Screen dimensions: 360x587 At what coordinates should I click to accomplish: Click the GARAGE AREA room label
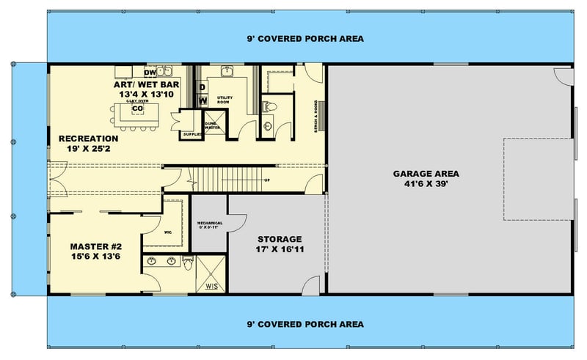(x=426, y=174)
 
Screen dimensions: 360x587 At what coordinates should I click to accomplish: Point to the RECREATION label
(x=89, y=138)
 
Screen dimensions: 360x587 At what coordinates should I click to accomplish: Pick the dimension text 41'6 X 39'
(x=426, y=185)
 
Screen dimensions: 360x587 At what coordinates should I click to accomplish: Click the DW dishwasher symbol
(x=150, y=73)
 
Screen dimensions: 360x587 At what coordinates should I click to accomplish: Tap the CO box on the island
(x=136, y=109)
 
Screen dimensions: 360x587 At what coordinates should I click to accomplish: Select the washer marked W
(x=203, y=100)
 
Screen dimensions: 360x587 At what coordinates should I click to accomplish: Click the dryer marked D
(x=203, y=86)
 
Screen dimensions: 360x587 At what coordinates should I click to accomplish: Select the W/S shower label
(x=211, y=285)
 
